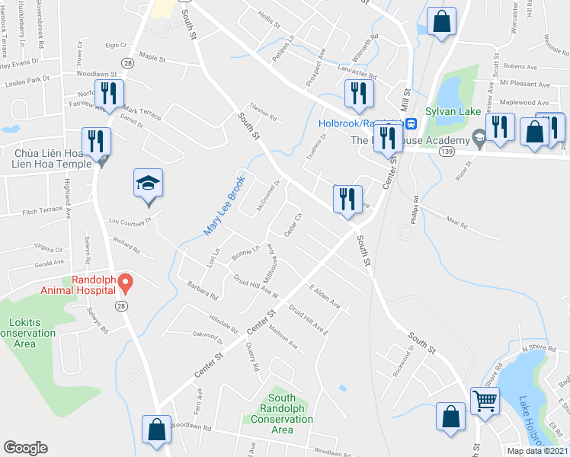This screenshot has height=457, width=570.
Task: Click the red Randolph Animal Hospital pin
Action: point(126,283)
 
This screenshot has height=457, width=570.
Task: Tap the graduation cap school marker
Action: point(149,185)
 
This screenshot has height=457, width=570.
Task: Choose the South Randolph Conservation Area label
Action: point(282,414)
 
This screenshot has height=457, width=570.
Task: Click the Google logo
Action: point(25,448)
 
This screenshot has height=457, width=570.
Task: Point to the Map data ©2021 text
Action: point(536,451)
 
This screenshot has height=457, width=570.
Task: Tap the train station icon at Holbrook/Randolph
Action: point(411,123)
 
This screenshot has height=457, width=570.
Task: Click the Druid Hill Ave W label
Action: point(256,287)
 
